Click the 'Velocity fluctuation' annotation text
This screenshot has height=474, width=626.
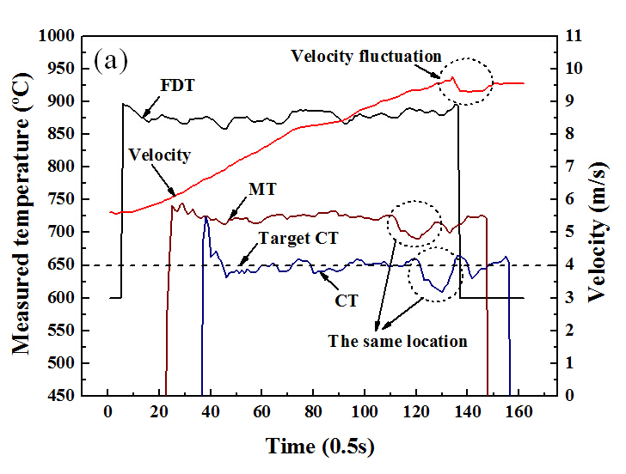coord(365,57)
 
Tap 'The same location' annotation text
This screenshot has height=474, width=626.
coord(397,341)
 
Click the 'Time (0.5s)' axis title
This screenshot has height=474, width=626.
coord(320,447)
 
